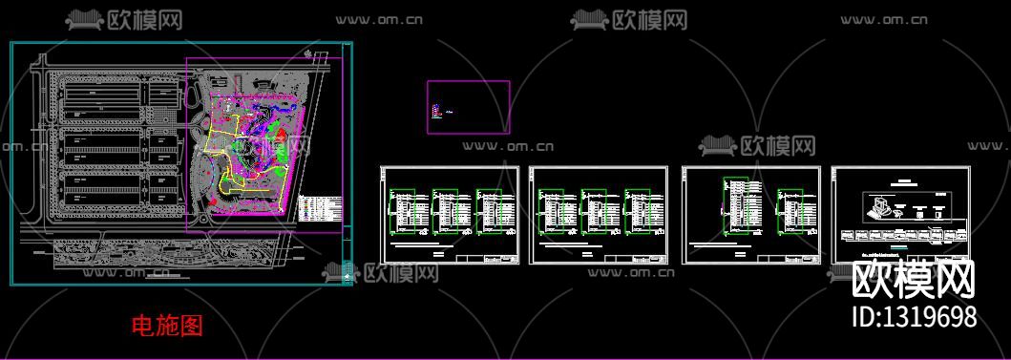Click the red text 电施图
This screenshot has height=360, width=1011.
coord(167,326)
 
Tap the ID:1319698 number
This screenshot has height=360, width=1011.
coord(914,317)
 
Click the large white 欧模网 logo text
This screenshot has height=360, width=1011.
coord(914,281)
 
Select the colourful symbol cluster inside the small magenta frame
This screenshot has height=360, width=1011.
coord(438,112)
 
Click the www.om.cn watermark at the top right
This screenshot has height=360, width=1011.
coord(884,18)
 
